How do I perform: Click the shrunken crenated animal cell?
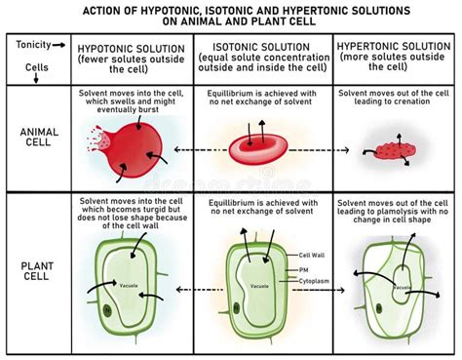click(x=393, y=151)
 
